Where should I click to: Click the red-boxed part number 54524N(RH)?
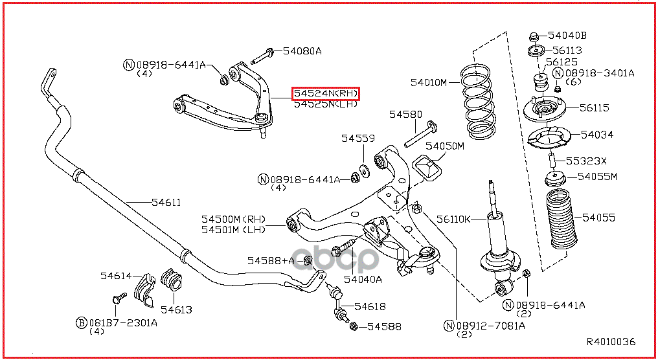325,94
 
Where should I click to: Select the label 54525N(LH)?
325,104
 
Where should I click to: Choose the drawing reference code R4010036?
611,341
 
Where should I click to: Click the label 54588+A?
270,260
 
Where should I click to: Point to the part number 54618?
370,306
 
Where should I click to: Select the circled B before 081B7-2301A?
82,322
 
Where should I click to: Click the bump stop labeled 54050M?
428,170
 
